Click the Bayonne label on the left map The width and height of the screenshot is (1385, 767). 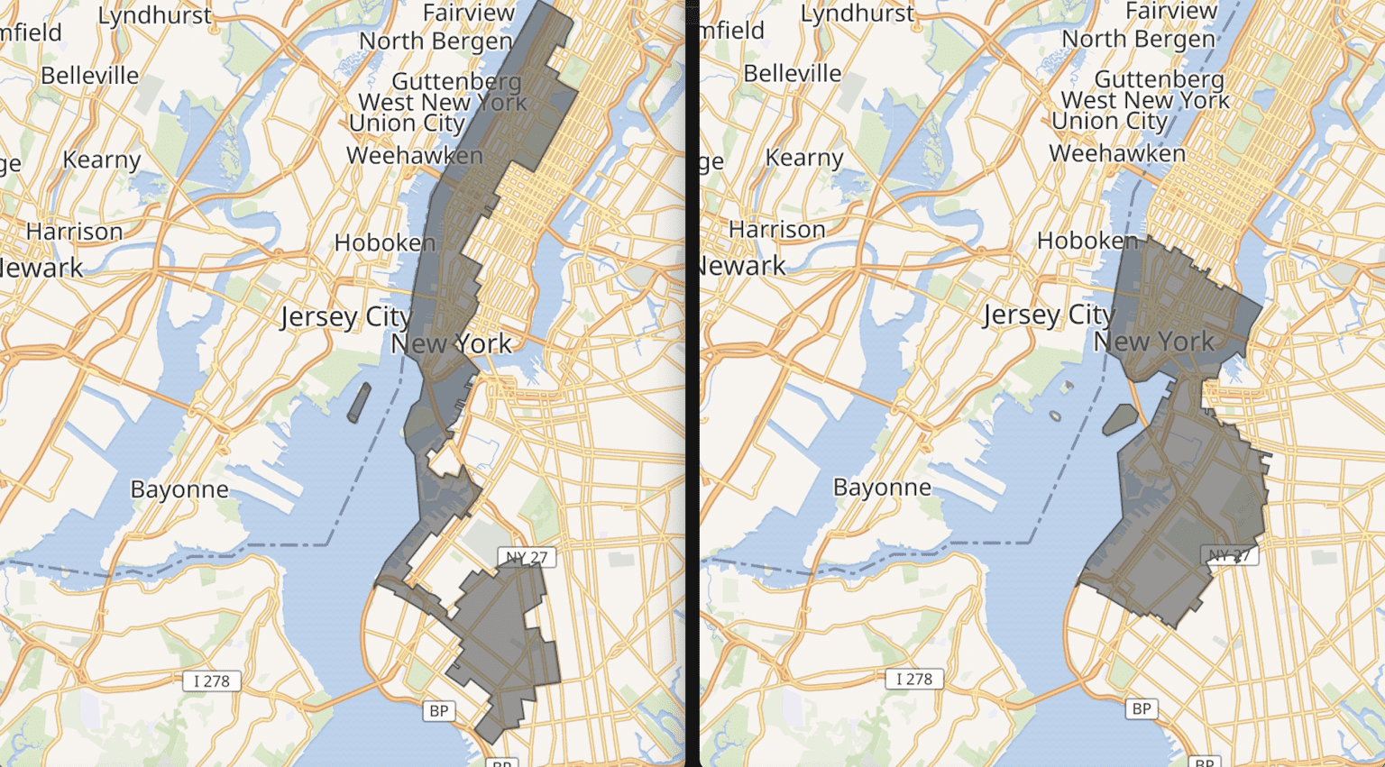coord(179,489)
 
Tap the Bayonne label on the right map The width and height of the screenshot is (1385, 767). coord(882,488)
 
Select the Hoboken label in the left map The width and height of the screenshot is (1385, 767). coord(385,242)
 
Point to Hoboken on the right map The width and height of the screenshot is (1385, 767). coord(1087,241)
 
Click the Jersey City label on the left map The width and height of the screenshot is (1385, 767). coord(345,317)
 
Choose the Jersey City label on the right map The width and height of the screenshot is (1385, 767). coord(1048,315)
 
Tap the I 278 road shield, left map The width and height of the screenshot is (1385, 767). coord(212,680)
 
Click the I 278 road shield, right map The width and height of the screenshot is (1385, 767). coord(914,679)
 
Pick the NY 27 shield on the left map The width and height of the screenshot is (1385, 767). coord(527,557)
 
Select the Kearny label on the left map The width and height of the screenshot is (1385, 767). coord(102,160)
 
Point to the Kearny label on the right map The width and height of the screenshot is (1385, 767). coord(804,158)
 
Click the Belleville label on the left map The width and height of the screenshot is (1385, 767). coord(90,75)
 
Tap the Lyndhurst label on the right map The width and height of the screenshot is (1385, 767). coord(858,14)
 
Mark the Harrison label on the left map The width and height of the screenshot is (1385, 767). coord(74,232)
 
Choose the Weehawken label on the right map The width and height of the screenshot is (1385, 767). coord(1117,153)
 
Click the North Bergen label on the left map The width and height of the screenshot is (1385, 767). coord(436,41)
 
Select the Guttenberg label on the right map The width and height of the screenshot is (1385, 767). coord(1160,79)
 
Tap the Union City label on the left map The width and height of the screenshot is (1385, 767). coord(407,123)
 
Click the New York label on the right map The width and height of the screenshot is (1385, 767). coord(1154,342)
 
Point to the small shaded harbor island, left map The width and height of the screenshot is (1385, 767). coord(359,403)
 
